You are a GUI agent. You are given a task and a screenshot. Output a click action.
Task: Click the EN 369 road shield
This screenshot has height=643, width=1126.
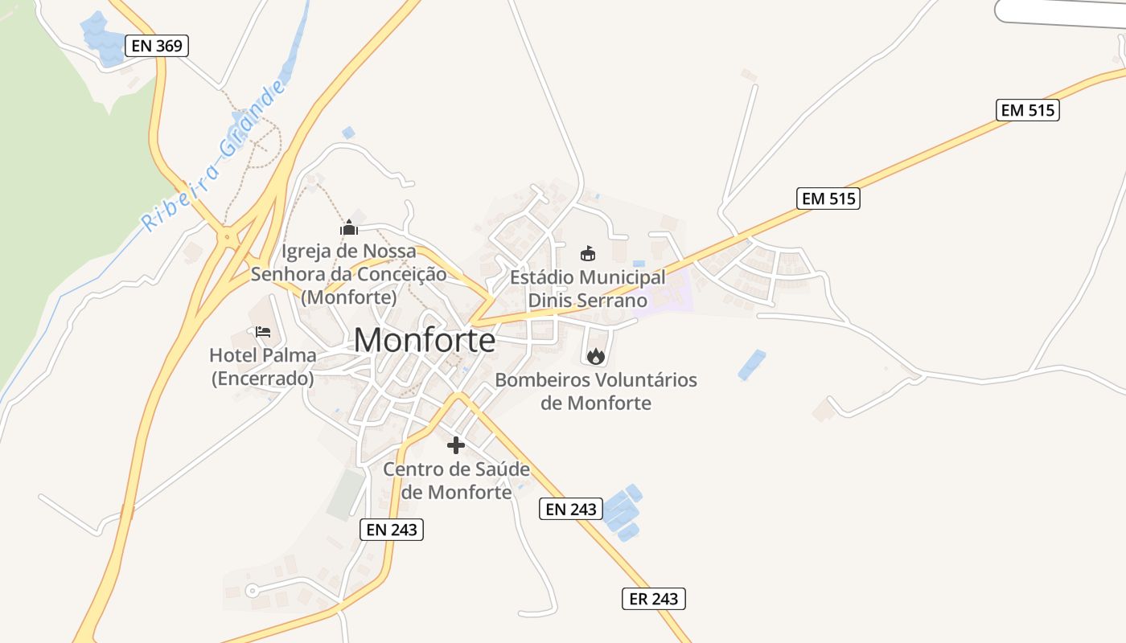click(157, 46)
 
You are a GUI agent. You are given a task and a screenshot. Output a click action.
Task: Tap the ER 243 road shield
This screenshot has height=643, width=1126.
click(654, 598)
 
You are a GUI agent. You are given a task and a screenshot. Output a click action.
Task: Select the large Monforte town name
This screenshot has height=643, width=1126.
click(425, 341)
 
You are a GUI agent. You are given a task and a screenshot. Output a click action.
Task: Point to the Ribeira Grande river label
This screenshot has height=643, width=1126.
click(213, 158)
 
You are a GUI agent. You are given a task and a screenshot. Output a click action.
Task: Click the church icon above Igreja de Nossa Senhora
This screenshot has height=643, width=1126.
click(348, 228)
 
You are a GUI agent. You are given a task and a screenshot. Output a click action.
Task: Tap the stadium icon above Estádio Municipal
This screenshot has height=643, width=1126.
click(588, 254)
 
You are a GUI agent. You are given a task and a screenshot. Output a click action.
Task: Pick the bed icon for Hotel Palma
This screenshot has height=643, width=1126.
click(263, 331)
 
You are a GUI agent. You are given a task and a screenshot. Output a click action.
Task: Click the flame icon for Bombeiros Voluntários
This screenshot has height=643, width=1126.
click(595, 356)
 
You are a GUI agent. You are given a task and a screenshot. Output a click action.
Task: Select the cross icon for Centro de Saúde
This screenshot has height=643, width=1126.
click(456, 445)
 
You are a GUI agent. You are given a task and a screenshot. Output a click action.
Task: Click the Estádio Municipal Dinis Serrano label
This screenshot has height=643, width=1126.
click(588, 289)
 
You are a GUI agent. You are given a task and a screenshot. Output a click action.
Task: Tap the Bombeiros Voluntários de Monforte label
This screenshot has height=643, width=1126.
click(596, 391)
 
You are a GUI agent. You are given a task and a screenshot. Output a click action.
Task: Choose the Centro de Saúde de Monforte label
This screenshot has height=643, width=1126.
click(456, 480)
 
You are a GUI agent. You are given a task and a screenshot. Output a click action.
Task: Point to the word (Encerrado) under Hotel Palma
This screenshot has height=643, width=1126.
click(262, 378)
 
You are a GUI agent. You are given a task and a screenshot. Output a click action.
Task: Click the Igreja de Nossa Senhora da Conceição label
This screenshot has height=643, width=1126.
click(348, 273)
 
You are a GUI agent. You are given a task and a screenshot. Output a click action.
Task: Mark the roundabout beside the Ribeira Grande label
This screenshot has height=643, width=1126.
click(228, 236)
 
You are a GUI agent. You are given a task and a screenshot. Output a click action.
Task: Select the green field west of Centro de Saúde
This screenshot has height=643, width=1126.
click(346, 494)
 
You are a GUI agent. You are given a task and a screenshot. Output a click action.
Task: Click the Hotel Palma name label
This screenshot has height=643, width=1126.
click(262, 354)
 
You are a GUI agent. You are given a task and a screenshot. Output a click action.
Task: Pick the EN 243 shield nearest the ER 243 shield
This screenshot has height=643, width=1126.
click(570, 509)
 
